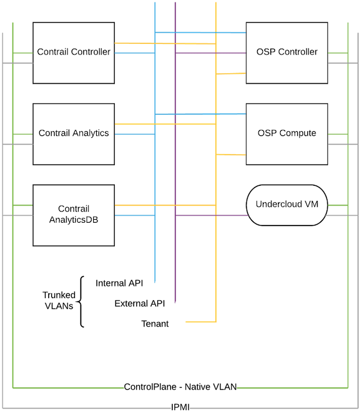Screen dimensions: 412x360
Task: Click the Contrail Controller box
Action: pyautogui.click(x=74, y=53)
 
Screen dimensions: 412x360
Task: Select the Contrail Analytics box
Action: pyautogui.click(x=74, y=134)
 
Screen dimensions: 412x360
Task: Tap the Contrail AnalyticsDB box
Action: pyautogui.click(x=74, y=214)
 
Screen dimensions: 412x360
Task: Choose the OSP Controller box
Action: pyautogui.click(x=287, y=53)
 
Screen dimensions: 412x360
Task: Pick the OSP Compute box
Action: pyautogui.click(x=287, y=134)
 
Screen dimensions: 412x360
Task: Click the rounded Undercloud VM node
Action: pyautogui.click(x=287, y=205)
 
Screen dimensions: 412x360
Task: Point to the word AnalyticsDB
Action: pyautogui.click(x=74, y=220)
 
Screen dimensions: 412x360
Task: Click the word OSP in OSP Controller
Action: pyautogui.click(x=266, y=53)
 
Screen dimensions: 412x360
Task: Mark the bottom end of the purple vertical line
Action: pyautogui.click(x=175, y=302)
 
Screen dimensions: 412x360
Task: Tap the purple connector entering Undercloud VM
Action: pyautogui.click(x=232, y=216)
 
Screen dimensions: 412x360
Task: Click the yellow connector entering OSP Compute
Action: pyautogui.click(x=232, y=154)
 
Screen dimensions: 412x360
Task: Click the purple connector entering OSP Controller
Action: pyautogui.click(x=232, y=53)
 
